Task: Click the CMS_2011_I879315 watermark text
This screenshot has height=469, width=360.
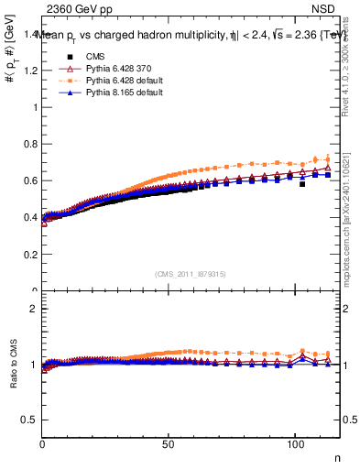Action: tap(191, 275)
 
